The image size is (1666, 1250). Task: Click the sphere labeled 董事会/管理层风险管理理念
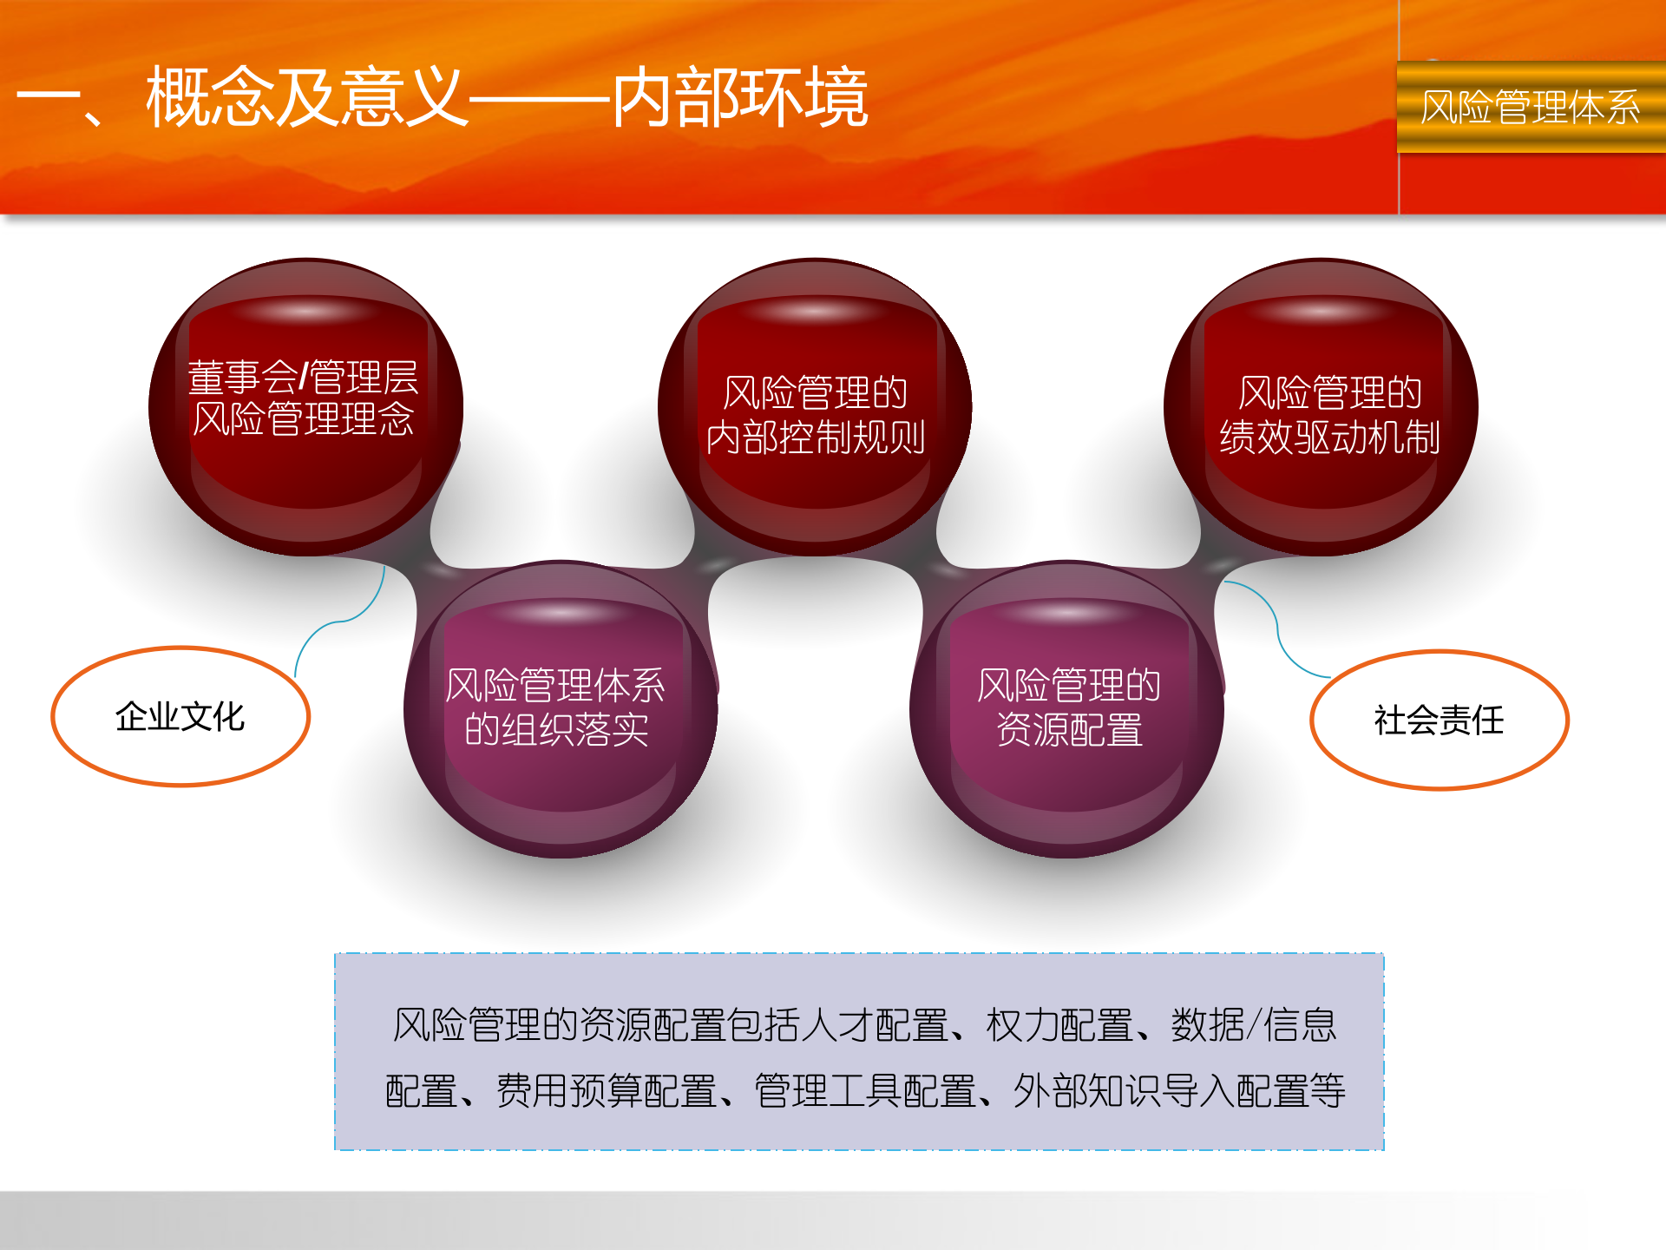305,406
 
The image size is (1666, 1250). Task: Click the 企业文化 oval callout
180,717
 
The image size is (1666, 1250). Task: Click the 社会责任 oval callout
1439,720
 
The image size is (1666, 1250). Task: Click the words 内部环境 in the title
740,97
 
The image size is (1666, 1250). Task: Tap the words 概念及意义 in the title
307,97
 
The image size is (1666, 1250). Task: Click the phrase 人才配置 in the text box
875,1025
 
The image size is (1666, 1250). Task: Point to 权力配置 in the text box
1059,1025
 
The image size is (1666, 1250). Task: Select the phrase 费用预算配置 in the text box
606,1091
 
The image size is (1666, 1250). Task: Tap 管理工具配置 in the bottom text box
864,1091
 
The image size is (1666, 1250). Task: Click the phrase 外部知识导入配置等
1179,1091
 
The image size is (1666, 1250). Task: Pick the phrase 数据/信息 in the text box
1254,1025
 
